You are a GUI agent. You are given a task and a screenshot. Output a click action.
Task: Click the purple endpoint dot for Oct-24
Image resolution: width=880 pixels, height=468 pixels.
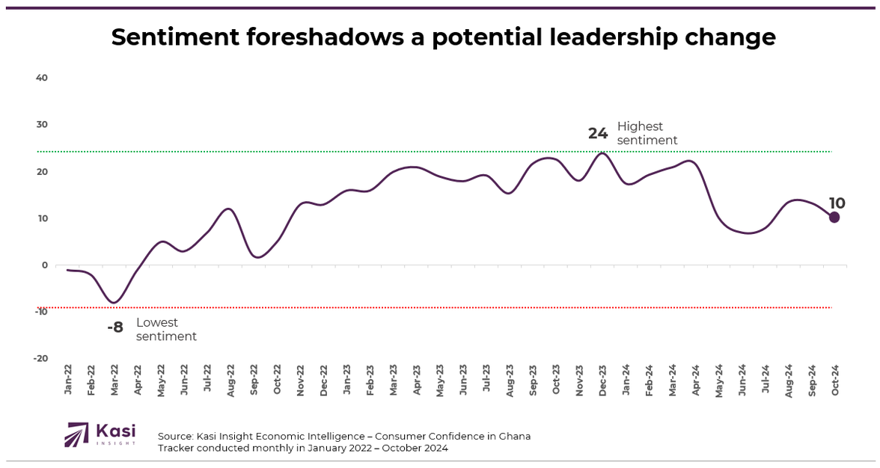pos(834,218)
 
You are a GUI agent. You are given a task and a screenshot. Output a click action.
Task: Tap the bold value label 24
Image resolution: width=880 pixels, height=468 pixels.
pos(598,134)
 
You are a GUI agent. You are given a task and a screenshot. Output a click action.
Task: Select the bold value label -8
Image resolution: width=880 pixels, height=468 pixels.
pos(114,327)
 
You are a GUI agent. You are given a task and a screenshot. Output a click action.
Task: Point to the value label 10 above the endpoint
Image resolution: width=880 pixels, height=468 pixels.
pos(837,203)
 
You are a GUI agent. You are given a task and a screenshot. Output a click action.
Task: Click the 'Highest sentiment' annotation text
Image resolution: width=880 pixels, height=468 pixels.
pos(647,133)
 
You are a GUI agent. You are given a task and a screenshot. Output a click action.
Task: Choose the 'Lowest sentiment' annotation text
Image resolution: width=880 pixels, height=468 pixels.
pos(166,330)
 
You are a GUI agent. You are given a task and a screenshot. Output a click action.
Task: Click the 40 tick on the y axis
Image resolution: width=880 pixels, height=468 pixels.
pos(42,78)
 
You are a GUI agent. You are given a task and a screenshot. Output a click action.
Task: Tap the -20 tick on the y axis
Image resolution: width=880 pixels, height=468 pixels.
pos(40,358)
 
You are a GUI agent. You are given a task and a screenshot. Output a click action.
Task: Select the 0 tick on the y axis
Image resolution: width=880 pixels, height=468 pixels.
pos(45,265)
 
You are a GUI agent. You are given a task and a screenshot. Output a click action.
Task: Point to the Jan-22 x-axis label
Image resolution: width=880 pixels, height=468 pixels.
pos(69,380)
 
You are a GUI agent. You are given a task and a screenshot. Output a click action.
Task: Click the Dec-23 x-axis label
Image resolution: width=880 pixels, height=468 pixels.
pos(602,380)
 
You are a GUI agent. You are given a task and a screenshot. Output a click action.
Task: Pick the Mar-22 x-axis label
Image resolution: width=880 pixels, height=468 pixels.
pos(115,380)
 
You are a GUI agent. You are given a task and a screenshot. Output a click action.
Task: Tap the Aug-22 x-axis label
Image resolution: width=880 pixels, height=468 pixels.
pos(231,380)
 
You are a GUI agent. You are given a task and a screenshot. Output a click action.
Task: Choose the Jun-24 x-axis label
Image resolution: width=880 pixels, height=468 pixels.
pos(742,380)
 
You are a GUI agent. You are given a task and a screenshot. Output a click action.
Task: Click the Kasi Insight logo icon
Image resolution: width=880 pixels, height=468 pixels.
pos(76,434)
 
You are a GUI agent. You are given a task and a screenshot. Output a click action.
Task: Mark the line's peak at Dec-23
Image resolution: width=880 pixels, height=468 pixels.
pos(602,153)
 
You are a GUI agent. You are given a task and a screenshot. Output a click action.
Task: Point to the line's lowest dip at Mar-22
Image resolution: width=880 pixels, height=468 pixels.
pos(114,303)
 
